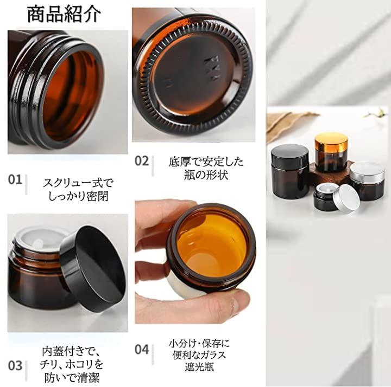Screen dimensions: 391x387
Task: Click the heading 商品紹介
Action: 64,15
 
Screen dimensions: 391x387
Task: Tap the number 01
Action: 15,179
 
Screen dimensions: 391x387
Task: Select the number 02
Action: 142,161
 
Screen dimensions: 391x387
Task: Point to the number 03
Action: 15,366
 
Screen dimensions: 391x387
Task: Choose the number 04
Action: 142,350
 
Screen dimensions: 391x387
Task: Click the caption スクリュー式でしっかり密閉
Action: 78,190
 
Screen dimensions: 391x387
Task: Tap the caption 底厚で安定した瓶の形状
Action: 206,168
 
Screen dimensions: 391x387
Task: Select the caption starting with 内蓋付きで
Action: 72,365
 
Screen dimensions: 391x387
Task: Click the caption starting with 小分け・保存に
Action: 199,355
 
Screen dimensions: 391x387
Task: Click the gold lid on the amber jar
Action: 331,143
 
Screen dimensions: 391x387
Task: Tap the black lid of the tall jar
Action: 290,156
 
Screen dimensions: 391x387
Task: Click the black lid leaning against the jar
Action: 93,269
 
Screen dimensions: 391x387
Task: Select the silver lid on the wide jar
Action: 367,171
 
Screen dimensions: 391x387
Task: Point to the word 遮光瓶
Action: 199,367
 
